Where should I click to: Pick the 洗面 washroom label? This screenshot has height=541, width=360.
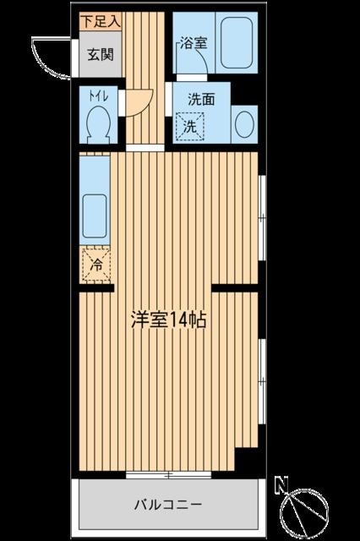point(201,98)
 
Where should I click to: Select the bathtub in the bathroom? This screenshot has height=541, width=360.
point(232,44)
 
